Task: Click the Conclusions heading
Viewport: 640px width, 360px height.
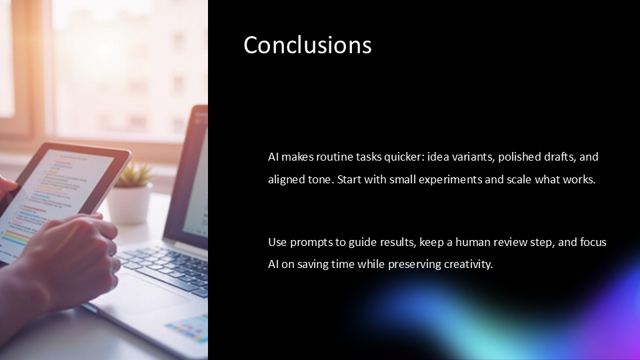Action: [307, 45]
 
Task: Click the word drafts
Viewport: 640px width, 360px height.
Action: [560, 157]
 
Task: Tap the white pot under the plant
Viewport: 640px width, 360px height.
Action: [130, 203]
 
